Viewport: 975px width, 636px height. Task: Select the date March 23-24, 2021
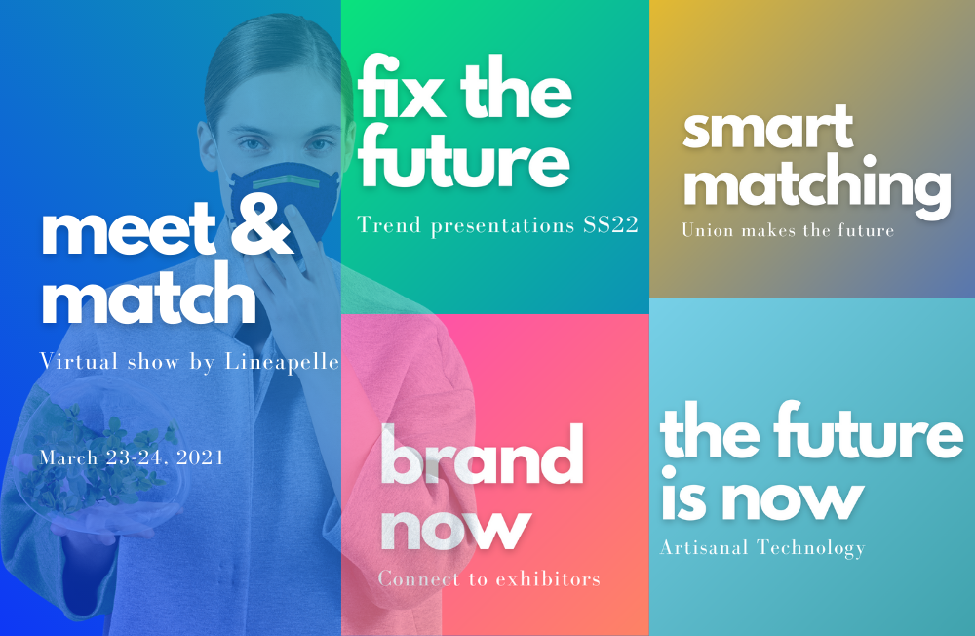[x=132, y=458]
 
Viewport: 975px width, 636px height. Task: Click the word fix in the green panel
[x=402, y=87]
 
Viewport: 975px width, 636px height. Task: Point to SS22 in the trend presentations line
[x=610, y=224]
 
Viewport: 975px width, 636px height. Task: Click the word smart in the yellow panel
[x=768, y=128]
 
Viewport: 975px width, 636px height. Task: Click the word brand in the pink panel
[x=482, y=455]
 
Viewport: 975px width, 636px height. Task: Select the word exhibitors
[x=548, y=579]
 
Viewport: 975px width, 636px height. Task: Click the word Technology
[x=811, y=548]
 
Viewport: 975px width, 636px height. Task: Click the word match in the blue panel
[x=148, y=295]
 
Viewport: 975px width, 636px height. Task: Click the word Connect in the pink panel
[x=419, y=579]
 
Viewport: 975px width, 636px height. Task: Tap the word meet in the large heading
[x=128, y=229]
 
